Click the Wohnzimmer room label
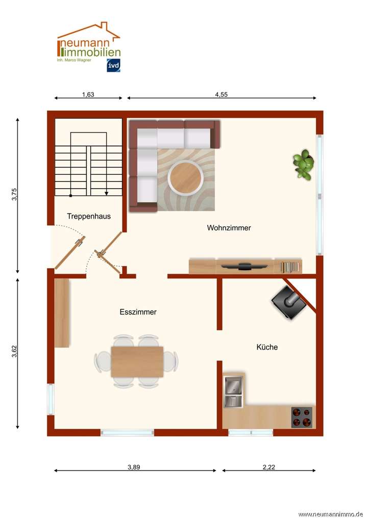pyautogui.click(x=229, y=228)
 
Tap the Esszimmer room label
pyautogui.click(x=138, y=312)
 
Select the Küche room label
pyautogui.click(x=266, y=347)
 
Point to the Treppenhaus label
pyautogui.click(x=89, y=216)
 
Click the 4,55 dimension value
pyautogui.click(x=221, y=94)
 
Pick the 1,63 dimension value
pyautogui.click(x=88, y=94)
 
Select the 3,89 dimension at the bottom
pyautogui.click(x=135, y=466)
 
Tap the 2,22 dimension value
pyautogui.click(x=268, y=466)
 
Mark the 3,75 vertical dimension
pyautogui.click(x=15, y=195)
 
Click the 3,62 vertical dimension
pyautogui.click(x=15, y=352)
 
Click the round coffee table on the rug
pyautogui.click(x=186, y=177)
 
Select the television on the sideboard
pyautogui.click(x=245, y=266)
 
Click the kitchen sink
pyautogui.click(x=234, y=392)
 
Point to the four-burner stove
pyautogui.click(x=302, y=416)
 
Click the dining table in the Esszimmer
pyautogui.click(x=137, y=361)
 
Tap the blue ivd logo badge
pyautogui.click(x=113, y=65)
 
